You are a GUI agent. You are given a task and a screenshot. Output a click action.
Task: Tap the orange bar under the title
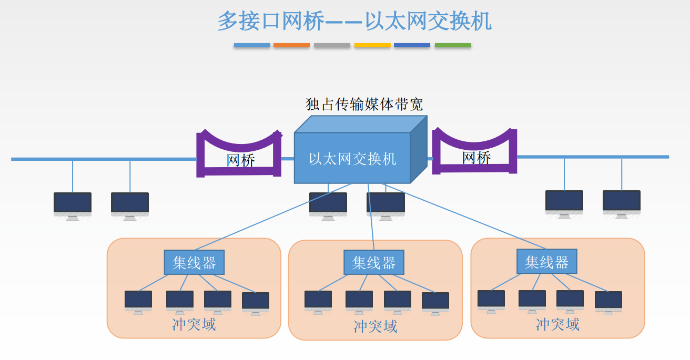pos(291,46)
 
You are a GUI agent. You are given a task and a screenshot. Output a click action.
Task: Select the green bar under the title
pos(453,46)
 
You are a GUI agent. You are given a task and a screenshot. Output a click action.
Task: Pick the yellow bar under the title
pos(372,46)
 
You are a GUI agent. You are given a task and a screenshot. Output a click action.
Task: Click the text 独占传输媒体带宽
pos(364,104)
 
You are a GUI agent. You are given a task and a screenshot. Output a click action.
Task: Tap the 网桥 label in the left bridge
pos(241,160)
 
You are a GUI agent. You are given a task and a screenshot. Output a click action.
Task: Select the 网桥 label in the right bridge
pos(476,157)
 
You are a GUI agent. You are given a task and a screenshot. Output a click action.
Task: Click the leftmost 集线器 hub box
pos(194,262)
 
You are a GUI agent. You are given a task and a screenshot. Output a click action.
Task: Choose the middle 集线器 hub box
pos(374,262)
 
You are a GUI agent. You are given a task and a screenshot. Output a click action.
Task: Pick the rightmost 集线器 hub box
pos(546,261)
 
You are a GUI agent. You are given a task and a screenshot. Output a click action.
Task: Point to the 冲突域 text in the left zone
pos(194,324)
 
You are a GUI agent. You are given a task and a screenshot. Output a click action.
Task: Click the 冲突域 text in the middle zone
pos(375,326)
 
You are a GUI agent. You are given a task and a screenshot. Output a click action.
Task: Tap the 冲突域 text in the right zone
pos(557,324)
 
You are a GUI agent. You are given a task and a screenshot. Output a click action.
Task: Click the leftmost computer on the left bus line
pos(73,204)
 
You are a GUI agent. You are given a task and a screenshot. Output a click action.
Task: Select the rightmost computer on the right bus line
pos(621,203)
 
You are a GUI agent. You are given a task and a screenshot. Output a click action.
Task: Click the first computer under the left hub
pos(138,301)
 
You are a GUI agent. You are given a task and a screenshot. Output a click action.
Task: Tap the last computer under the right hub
pos(608,302)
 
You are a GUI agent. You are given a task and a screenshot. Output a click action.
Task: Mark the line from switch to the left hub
pos(273,217)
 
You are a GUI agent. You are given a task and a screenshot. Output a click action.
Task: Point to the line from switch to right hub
pos(463,217)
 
